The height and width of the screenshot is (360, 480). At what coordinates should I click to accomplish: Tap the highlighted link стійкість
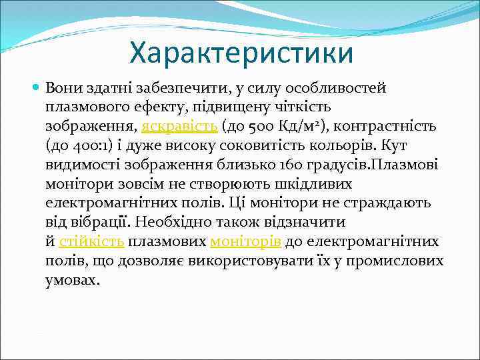[91, 241]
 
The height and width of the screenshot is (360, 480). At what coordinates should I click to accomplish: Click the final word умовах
[73, 280]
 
